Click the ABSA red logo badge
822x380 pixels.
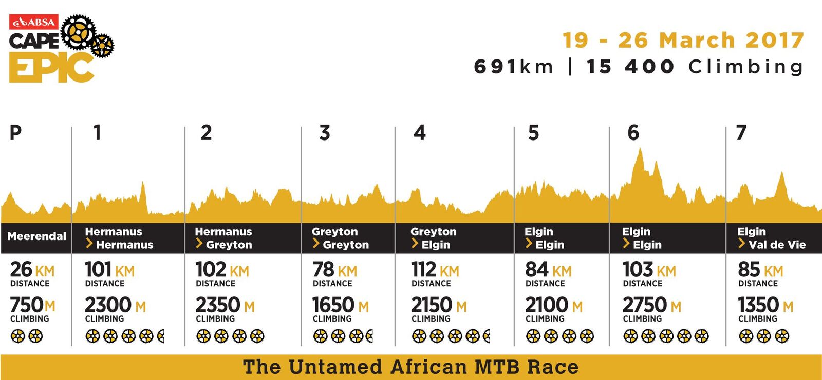tap(33, 22)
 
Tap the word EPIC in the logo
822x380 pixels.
tap(51, 67)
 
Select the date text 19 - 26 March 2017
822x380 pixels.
tap(683, 40)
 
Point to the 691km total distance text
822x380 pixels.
tap(513, 67)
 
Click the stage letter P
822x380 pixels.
tap(16, 133)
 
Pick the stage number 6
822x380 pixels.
tap(633, 133)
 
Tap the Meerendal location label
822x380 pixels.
tap(36, 236)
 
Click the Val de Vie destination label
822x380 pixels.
tap(777, 245)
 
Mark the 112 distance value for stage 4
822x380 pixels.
tap(423, 269)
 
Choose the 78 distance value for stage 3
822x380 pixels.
tap(323, 269)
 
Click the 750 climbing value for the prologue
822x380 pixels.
tap(26, 305)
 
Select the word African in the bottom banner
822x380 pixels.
tap(429, 367)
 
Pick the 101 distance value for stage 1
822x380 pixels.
tap(98, 269)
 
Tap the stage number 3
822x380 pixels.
tap(325, 133)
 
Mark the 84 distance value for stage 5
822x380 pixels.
tap(536, 269)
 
